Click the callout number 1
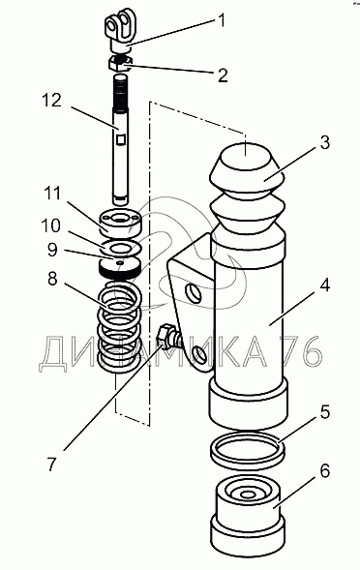(220, 20)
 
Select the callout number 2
(222, 75)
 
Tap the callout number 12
(52, 101)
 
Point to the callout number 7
(52, 465)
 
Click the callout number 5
(324, 412)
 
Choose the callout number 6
(324, 470)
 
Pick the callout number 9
(52, 250)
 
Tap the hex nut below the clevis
(121, 63)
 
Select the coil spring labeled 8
(119, 324)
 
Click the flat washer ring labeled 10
(122, 248)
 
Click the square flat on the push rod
(122, 138)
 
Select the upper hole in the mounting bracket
(194, 293)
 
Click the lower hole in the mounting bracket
(199, 353)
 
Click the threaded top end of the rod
(121, 92)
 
